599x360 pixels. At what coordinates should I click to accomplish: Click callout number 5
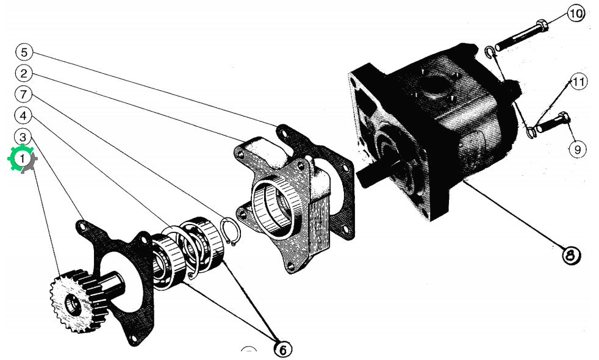[x=24, y=52]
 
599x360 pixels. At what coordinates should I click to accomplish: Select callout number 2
[x=24, y=73]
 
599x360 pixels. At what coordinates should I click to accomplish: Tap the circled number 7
[x=24, y=94]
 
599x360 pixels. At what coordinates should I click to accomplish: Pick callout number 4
[x=23, y=115]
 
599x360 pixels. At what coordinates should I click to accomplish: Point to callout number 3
[x=23, y=137]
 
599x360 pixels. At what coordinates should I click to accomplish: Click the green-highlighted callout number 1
[x=22, y=158]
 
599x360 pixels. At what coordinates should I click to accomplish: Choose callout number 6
[x=283, y=349]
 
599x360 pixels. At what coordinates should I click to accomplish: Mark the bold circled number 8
[x=571, y=255]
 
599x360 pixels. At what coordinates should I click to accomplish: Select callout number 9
[x=577, y=149]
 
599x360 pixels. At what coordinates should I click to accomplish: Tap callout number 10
[x=576, y=14]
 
